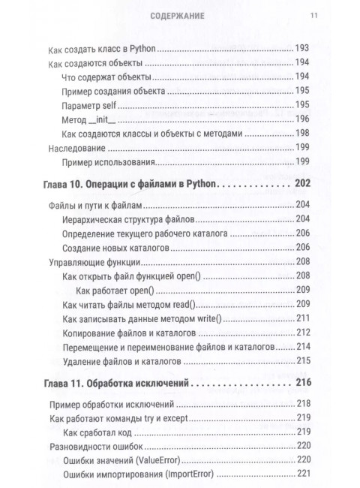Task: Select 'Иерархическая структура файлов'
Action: (126, 219)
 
